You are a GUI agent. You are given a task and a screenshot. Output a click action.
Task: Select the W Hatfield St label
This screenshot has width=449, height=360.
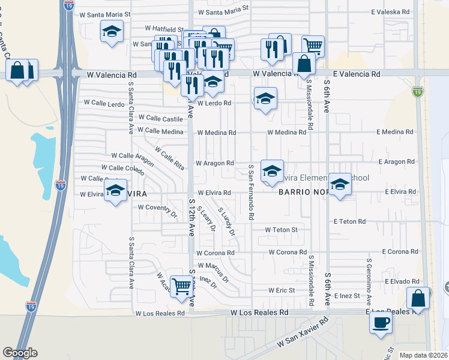click(x=164, y=28)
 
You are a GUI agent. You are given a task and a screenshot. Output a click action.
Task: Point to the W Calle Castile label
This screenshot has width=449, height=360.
click(x=160, y=119)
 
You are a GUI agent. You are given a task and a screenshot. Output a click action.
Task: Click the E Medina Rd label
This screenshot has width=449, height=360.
click(x=395, y=132)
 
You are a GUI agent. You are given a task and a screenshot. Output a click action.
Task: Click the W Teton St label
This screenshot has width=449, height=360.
click(x=282, y=230)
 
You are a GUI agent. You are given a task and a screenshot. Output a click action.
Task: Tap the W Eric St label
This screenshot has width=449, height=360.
click(x=282, y=290)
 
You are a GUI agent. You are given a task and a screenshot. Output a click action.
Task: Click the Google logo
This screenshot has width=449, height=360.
click(x=20, y=353)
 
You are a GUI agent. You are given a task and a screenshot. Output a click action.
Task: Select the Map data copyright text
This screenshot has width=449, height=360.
click(x=424, y=355)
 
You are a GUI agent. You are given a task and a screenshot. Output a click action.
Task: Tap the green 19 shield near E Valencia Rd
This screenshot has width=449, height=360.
click(x=418, y=92)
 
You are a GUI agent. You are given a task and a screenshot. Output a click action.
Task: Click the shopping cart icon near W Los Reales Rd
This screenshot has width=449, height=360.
click(x=181, y=286)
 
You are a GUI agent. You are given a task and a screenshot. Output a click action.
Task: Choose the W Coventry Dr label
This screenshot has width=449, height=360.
click(x=158, y=208)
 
